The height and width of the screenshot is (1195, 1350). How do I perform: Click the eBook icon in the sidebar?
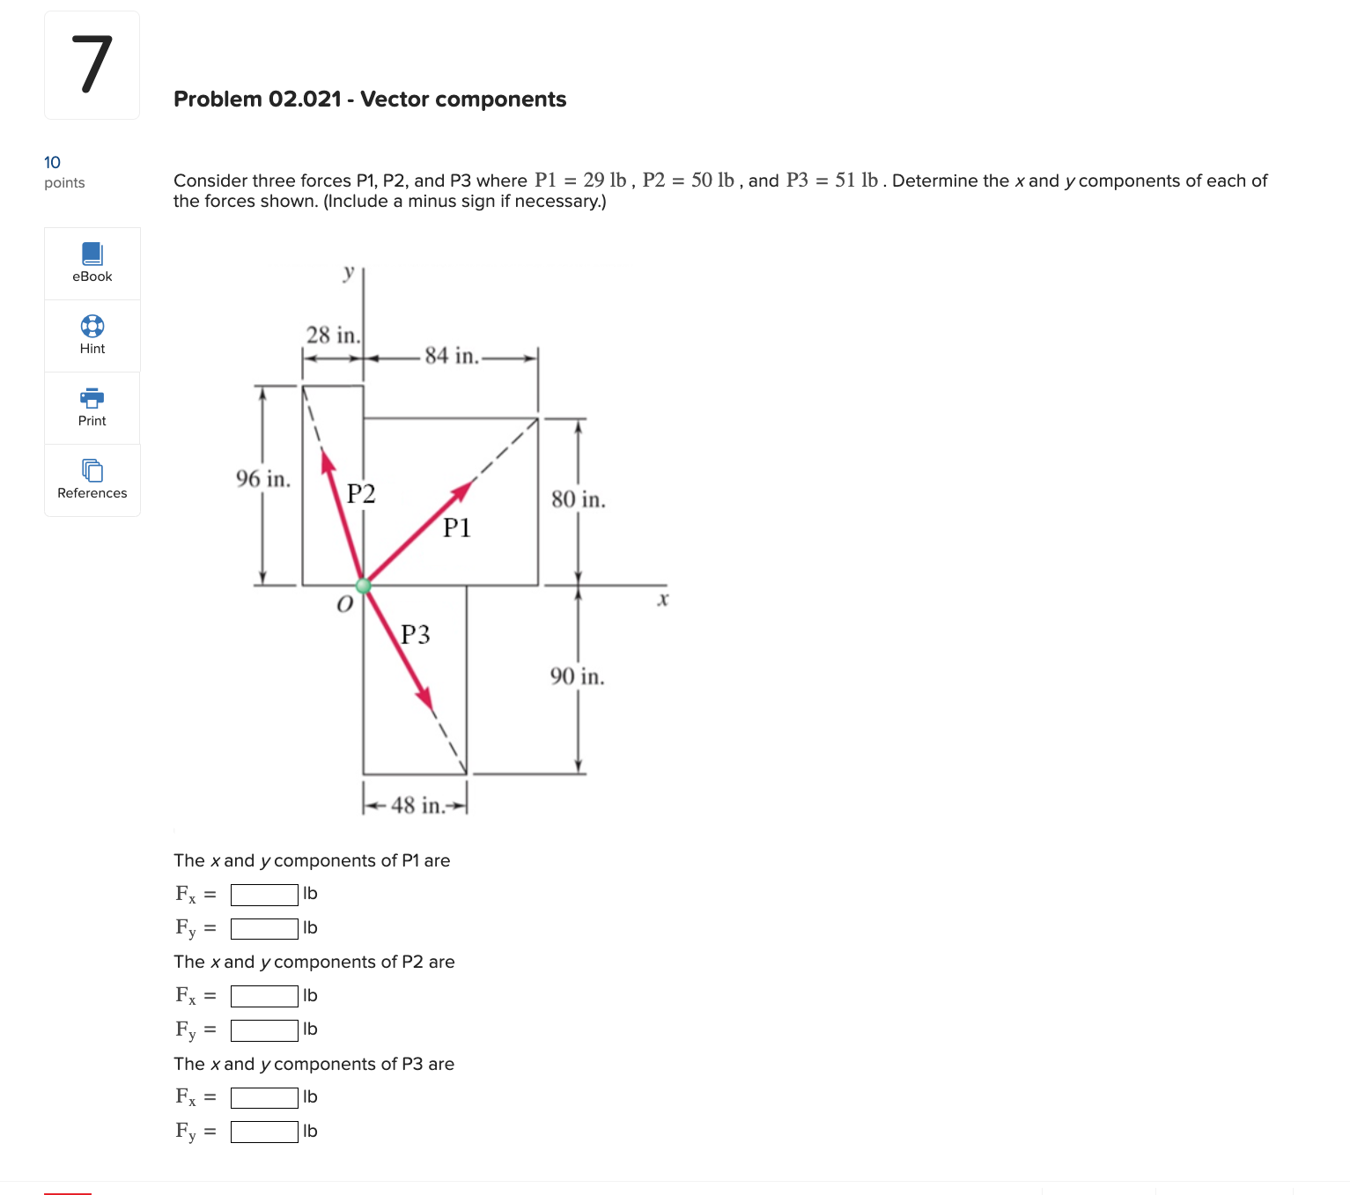[x=92, y=254]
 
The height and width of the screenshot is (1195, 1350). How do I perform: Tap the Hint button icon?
[x=92, y=326]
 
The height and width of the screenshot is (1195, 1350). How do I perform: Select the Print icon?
[x=92, y=398]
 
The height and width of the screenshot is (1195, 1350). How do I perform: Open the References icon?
[x=92, y=470]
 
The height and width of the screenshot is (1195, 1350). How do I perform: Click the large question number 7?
[x=92, y=65]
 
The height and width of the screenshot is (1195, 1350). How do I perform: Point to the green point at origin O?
[x=363, y=586]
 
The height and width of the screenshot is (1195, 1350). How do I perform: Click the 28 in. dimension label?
[x=333, y=336]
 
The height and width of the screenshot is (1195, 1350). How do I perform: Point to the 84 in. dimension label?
[x=451, y=356]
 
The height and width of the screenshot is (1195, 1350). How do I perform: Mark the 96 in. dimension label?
[x=262, y=479]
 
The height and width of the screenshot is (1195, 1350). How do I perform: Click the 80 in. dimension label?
[x=578, y=499]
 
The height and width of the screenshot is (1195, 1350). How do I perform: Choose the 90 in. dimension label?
[x=577, y=676]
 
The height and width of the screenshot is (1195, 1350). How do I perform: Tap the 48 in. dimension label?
[x=417, y=805]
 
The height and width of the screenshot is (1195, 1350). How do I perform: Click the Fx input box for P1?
[x=264, y=895]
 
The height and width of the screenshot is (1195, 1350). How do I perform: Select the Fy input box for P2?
[x=264, y=1030]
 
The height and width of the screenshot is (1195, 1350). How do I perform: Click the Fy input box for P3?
[x=264, y=1132]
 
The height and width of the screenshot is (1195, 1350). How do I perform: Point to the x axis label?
[x=663, y=600]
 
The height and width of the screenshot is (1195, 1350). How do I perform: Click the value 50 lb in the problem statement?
[x=712, y=181]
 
